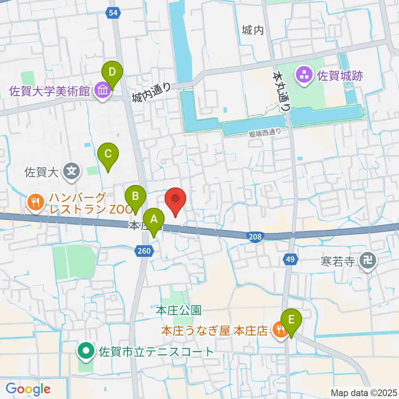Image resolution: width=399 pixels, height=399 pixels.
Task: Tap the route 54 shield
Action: [x=113, y=13]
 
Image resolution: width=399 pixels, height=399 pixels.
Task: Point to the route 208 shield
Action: [x=256, y=236]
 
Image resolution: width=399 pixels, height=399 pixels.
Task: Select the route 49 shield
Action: [x=290, y=259]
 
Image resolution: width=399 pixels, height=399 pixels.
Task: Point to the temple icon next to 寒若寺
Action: [x=368, y=262]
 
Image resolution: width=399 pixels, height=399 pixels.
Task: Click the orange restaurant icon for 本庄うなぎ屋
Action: [x=279, y=330]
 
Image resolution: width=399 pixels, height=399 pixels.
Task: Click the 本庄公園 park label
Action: [x=178, y=310]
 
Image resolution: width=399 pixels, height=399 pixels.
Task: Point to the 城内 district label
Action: [x=253, y=30]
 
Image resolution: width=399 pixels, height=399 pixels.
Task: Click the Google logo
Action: [x=28, y=389]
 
